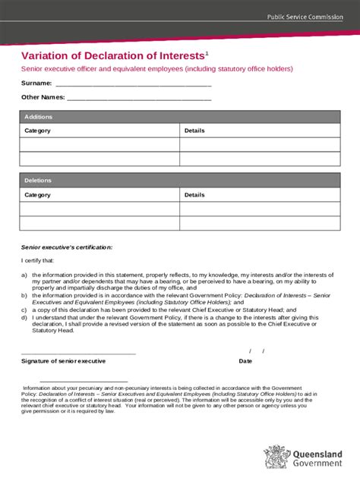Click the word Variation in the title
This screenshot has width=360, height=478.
click(x=46, y=55)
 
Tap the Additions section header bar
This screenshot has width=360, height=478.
click(x=180, y=117)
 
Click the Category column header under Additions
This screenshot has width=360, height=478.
click(x=38, y=131)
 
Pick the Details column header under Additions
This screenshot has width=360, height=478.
click(x=194, y=131)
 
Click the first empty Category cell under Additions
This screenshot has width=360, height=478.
click(x=99, y=144)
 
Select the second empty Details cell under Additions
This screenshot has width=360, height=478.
click(x=260, y=159)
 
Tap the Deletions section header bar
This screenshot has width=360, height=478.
click(x=180, y=181)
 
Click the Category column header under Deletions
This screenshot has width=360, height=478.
click(x=38, y=194)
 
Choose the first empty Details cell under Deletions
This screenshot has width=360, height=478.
click(x=260, y=209)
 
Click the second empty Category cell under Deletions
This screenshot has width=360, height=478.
click(x=99, y=223)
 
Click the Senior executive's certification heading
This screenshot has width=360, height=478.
click(x=67, y=247)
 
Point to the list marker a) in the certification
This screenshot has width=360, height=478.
click(x=24, y=274)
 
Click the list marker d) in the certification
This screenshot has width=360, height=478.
click(x=24, y=317)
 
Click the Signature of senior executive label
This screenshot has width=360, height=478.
click(x=63, y=361)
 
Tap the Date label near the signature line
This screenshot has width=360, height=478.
click(x=245, y=361)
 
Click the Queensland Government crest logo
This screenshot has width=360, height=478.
click(x=276, y=457)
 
